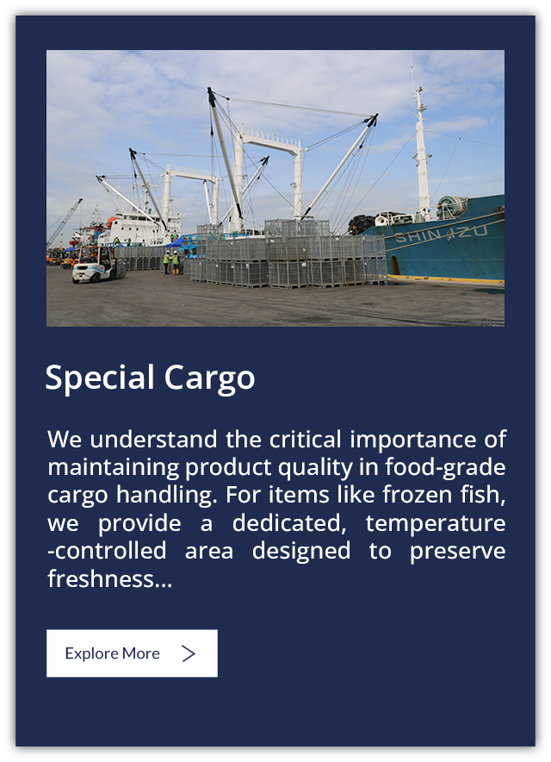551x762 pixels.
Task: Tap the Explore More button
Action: pos(132,653)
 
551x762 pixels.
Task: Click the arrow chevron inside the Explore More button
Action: pos(189,653)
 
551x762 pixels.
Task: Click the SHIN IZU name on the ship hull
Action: pos(441,231)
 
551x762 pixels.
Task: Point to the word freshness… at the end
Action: pos(109,579)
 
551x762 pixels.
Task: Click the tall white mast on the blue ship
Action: pos(421,151)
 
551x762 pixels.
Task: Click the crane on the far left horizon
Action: pos(64,223)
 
